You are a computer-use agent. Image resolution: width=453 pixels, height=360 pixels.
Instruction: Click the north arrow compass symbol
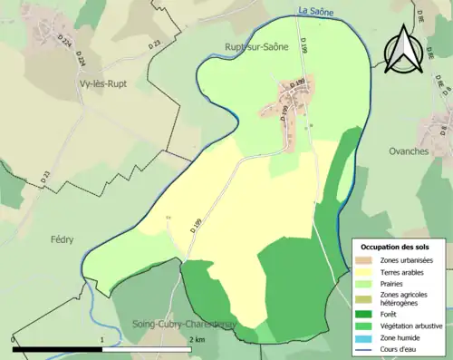click(400, 49)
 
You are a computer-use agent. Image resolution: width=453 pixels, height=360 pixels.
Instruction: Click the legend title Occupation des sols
click(398, 246)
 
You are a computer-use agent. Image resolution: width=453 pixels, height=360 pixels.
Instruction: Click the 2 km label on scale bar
click(198, 339)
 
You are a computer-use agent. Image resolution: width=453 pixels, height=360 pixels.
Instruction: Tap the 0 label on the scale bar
click(14, 339)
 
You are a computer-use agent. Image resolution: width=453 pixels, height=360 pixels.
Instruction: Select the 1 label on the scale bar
click(101, 339)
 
